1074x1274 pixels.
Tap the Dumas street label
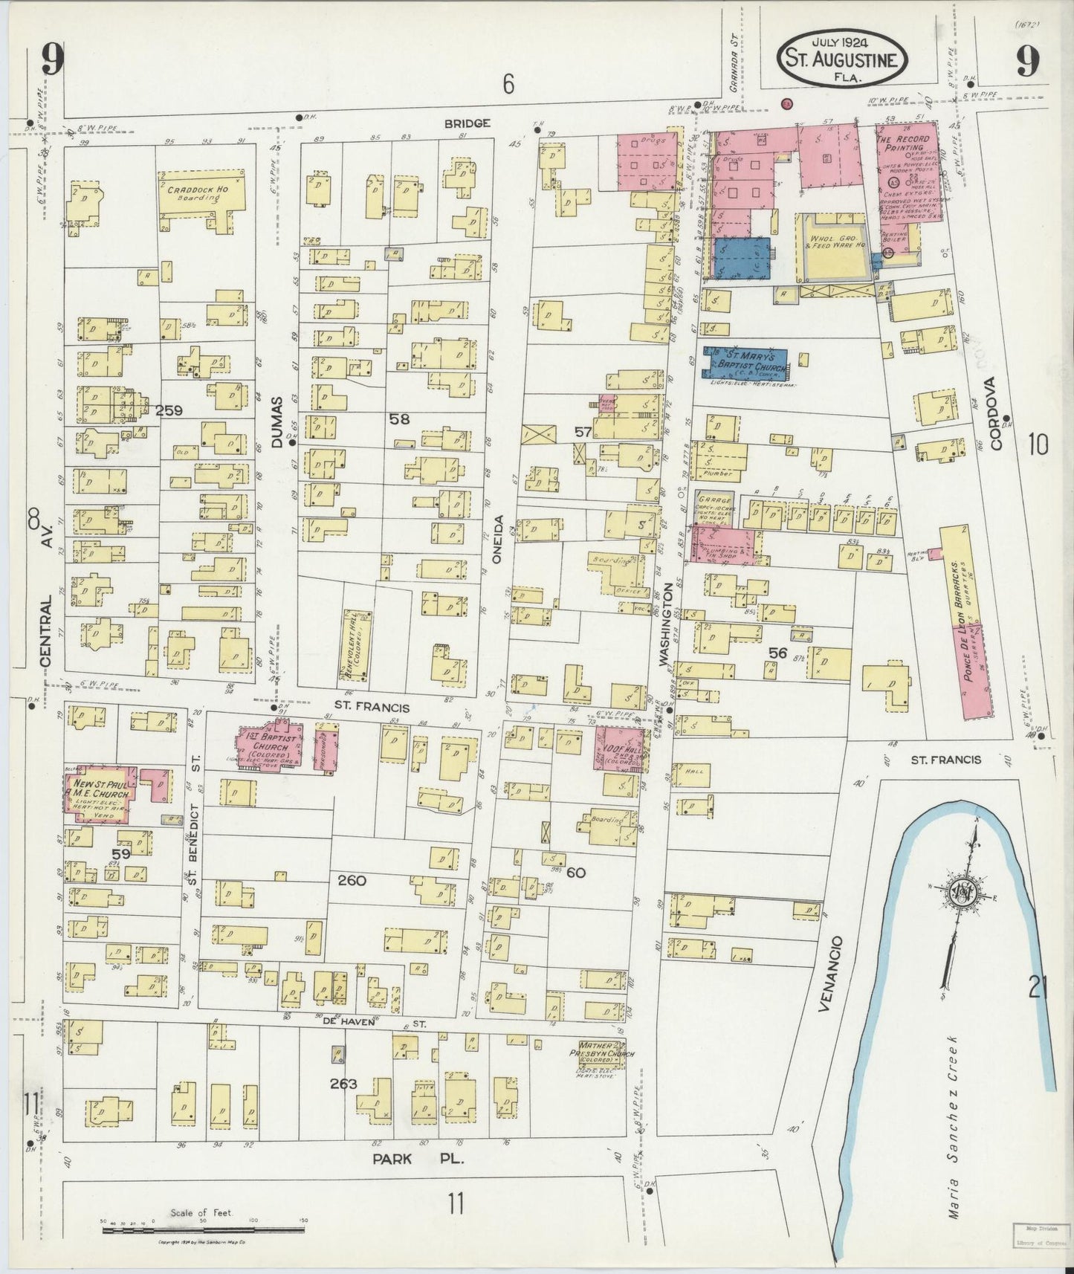(x=278, y=421)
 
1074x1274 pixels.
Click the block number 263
(x=344, y=1084)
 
